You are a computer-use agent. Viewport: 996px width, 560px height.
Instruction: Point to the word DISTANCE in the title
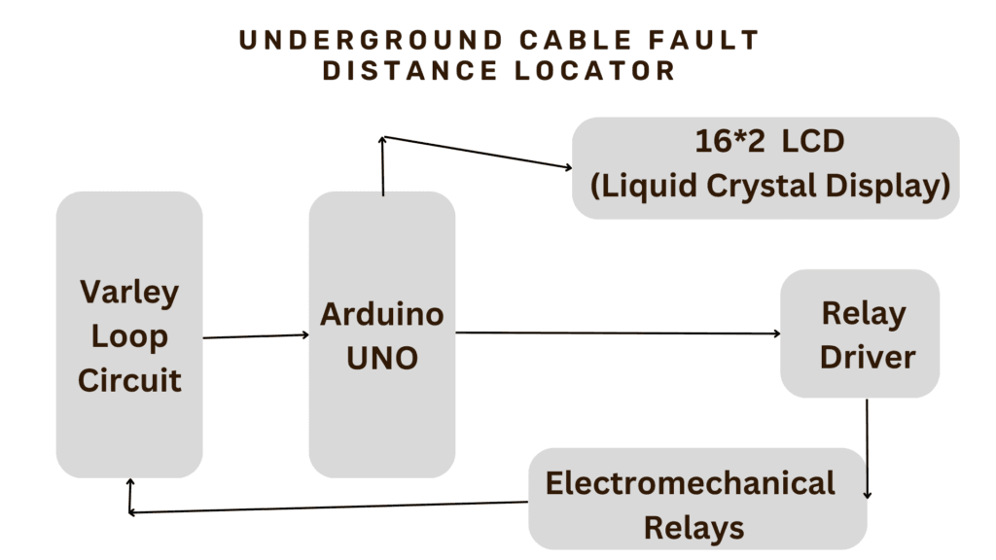coord(422,71)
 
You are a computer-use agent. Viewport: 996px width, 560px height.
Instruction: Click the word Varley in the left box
coord(129,293)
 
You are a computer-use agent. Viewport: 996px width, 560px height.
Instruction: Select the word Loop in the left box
coord(129,336)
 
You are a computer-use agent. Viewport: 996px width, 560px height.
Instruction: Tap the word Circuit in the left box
coord(129,379)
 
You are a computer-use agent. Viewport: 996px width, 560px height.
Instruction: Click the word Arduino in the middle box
coord(382,314)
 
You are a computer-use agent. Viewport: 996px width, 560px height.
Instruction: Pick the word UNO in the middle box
coord(382,358)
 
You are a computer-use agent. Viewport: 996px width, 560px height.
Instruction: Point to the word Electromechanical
coord(690,483)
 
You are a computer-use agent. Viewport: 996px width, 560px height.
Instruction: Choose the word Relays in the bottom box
coord(694,527)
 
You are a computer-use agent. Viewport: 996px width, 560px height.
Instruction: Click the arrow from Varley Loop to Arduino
coord(256,336)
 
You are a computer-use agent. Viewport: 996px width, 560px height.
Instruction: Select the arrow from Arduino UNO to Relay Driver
coord(619,333)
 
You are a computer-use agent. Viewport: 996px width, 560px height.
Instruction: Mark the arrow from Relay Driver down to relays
coord(867,447)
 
